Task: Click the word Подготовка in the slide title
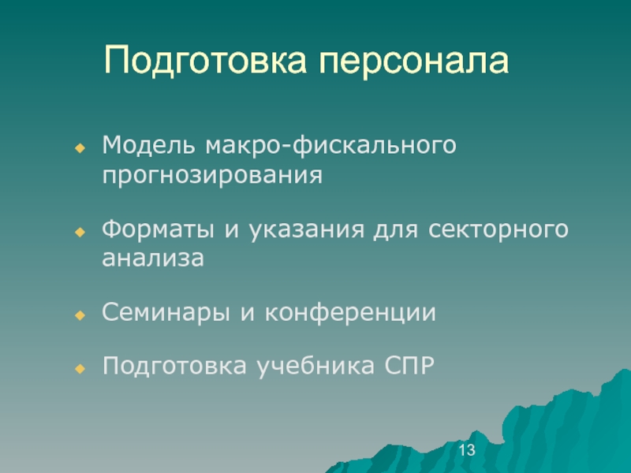[205, 60]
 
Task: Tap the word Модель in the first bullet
[148, 146]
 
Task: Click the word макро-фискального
[330, 147]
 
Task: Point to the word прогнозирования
[212, 177]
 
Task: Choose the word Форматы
[158, 230]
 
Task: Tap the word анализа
[153, 259]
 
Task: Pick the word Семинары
[166, 313]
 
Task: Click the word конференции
[350, 312]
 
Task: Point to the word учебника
[316, 367]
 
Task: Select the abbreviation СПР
[409, 366]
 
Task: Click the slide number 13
[467, 449]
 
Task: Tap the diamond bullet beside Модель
[80, 148]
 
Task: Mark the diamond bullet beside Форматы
[80, 232]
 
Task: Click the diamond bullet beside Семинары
[80, 315]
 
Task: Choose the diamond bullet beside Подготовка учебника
[80, 368]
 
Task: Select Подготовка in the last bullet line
[174, 367]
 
